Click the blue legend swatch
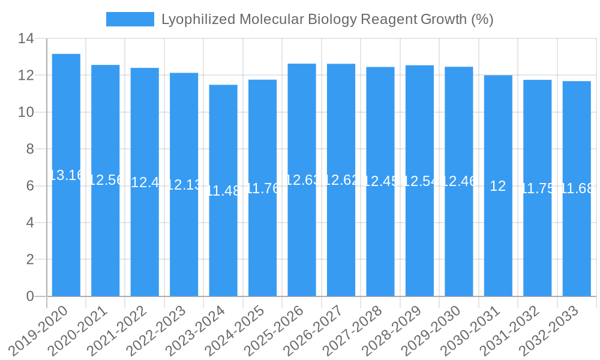130,19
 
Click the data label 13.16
66,175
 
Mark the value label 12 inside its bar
498,186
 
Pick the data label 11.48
223,191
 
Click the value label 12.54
419,181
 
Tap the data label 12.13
184,185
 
